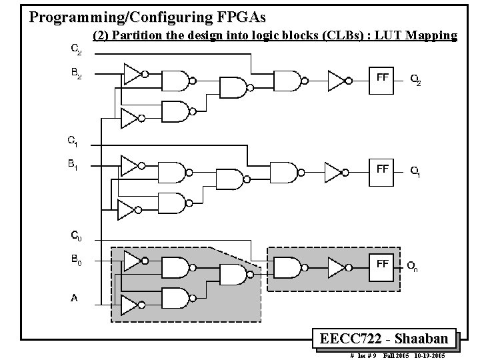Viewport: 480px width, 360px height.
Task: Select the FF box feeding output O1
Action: (383, 173)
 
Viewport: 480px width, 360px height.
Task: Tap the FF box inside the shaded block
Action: (383, 267)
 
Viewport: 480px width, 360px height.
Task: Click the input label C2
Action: (77, 49)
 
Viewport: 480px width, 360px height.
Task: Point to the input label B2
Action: (77, 75)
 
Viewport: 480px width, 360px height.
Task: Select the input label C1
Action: (73, 141)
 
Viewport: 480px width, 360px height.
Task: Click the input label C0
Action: (77, 235)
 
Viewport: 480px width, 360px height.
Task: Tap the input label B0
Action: (77, 261)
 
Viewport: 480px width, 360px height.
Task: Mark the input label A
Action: (74, 298)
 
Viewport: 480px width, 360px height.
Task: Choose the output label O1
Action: (415, 173)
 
